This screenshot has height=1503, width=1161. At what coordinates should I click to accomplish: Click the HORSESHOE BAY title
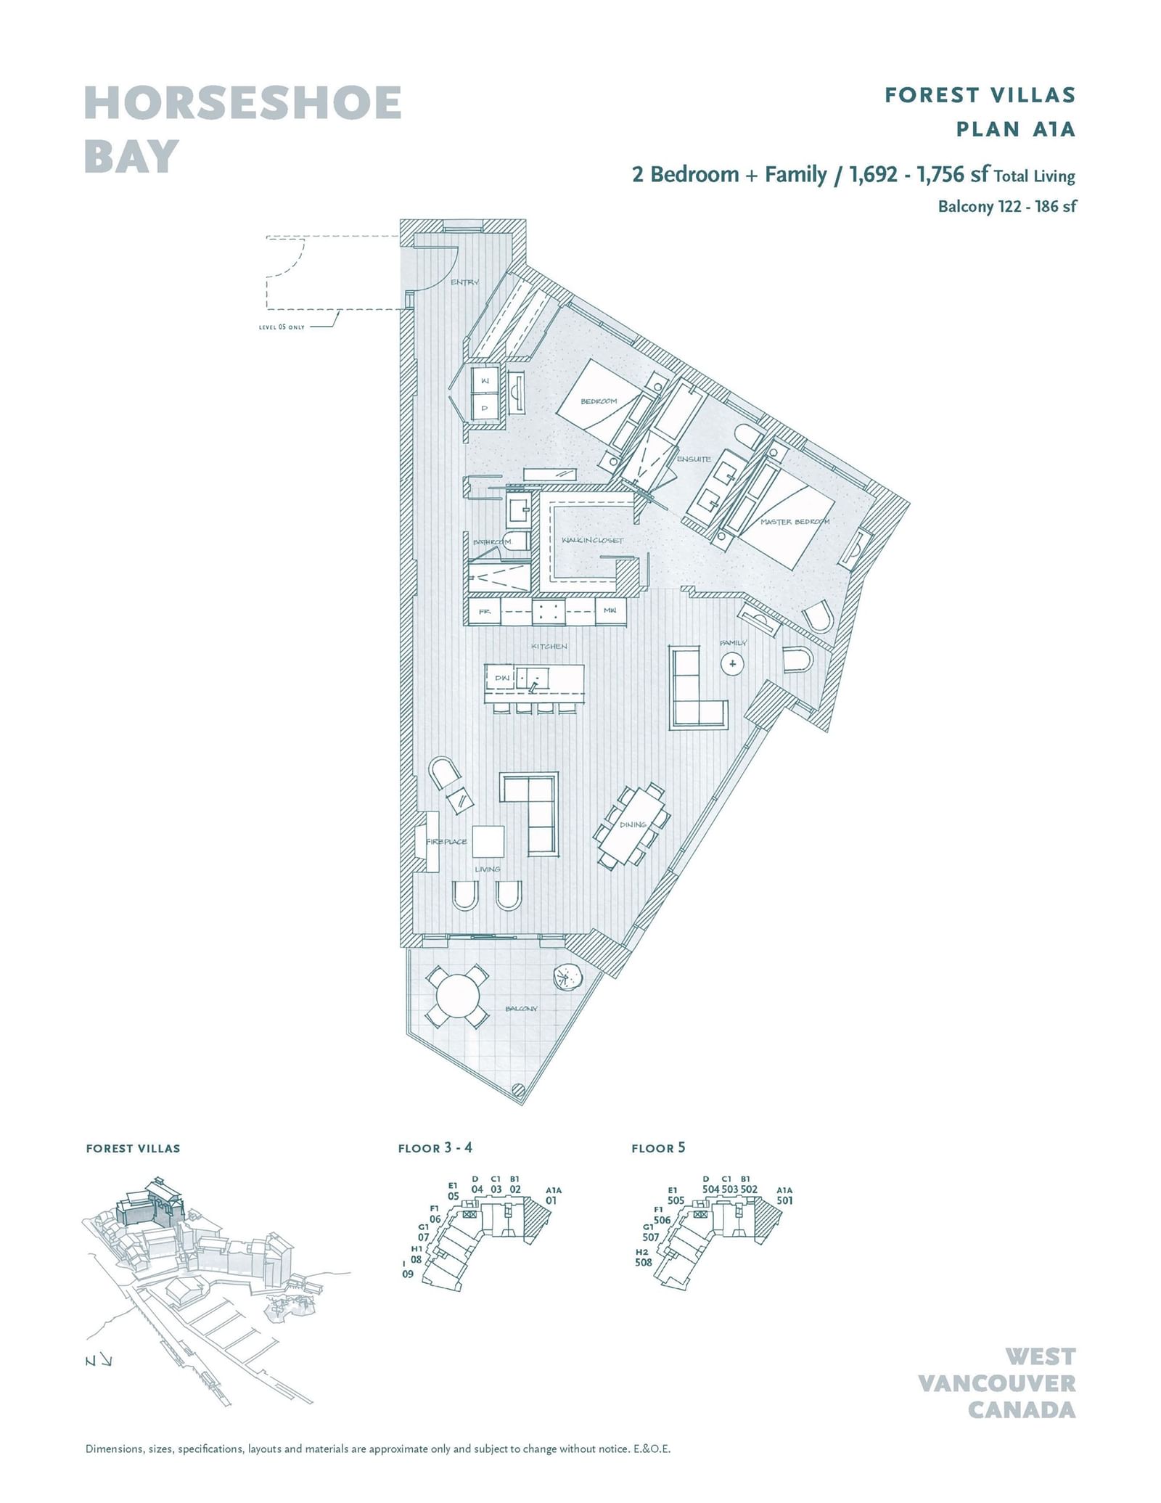pos(242,129)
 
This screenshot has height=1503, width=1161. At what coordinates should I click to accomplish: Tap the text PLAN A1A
pos(1015,129)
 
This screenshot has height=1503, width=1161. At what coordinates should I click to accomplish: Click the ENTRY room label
pos(464,282)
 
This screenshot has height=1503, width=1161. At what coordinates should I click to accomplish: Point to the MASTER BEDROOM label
pos(795,522)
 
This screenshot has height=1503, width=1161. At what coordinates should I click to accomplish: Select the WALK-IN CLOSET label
pos(592,540)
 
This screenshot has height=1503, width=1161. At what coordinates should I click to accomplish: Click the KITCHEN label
pos(549,646)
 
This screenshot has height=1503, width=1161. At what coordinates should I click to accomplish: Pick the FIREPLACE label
pos(446,841)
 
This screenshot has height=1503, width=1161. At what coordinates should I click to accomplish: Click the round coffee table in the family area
pos(732,663)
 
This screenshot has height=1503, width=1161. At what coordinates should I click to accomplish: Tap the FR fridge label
pos(484,612)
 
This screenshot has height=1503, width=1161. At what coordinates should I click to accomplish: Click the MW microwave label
pos(610,611)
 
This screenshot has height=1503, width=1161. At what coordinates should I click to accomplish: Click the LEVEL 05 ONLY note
pos(282,327)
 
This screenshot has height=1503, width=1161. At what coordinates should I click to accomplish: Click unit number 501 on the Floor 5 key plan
pos(784,1200)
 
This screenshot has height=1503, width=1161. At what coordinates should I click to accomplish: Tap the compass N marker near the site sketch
pos(90,1361)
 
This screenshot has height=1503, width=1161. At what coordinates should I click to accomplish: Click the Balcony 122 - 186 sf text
pos(1006,206)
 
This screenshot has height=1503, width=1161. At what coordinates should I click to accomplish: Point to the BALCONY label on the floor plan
pos(521,1008)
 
